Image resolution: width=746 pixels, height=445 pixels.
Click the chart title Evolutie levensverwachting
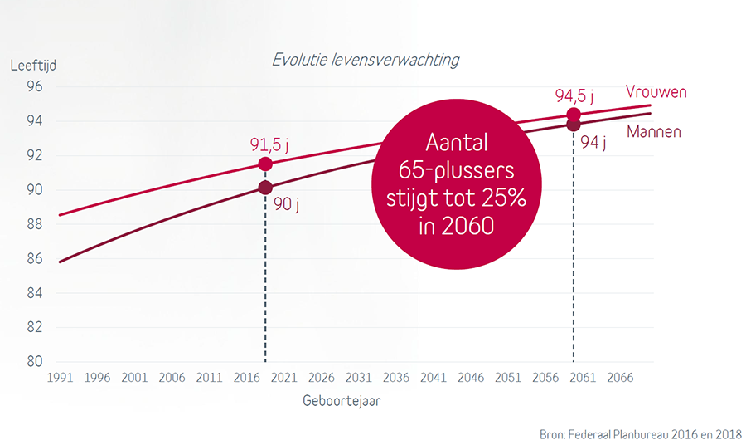pyautogui.click(x=365, y=61)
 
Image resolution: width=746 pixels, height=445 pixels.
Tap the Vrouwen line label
pyautogui.click(x=656, y=91)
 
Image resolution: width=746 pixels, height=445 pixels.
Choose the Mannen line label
pyautogui.click(x=654, y=131)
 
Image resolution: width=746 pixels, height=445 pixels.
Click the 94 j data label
pyautogui.click(x=593, y=142)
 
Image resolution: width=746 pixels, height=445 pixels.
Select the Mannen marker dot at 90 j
pyautogui.click(x=265, y=188)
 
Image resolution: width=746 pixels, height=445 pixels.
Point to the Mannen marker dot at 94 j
pyautogui.click(x=573, y=125)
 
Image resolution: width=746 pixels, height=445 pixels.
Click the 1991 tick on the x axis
pyautogui.click(x=59, y=378)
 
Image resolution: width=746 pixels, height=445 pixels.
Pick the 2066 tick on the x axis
pyautogui.click(x=620, y=378)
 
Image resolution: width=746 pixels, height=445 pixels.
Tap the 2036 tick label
pyautogui.click(x=395, y=378)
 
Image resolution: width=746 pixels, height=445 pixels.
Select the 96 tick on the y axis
pyautogui.click(x=35, y=86)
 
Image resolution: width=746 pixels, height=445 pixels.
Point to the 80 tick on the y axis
pyautogui.click(x=35, y=362)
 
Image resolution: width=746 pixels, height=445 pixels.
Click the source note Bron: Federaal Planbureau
pyautogui.click(x=640, y=433)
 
